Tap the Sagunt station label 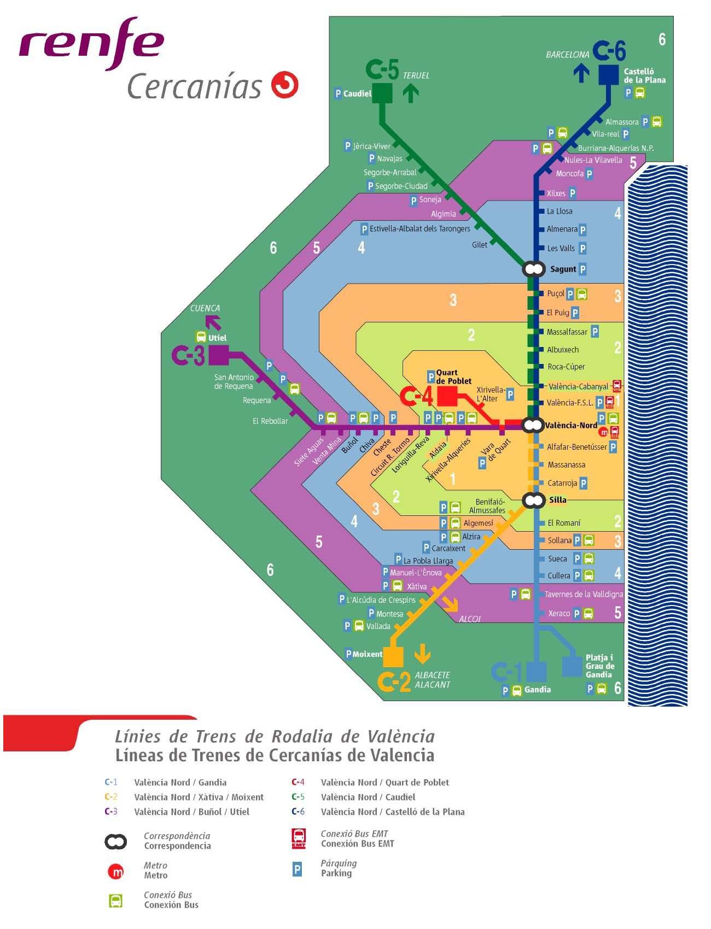click(x=563, y=269)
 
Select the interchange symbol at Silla click(x=533, y=500)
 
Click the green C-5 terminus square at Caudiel click(x=382, y=93)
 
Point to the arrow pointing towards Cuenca click(x=214, y=322)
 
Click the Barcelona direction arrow click(x=581, y=73)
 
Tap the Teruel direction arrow click(x=410, y=93)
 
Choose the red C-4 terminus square click(x=447, y=396)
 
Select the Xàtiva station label click(x=416, y=586)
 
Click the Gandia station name click(x=537, y=690)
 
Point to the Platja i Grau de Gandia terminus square click(x=572, y=666)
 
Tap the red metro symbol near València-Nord click(x=603, y=432)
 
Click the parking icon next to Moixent click(x=348, y=654)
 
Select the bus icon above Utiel click(x=201, y=337)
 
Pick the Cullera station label click(x=558, y=575)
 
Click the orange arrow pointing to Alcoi click(x=450, y=603)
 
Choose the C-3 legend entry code click(x=111, y=812)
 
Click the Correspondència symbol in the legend click(x=115, y=842)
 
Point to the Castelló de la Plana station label click(x=644, y=75)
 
